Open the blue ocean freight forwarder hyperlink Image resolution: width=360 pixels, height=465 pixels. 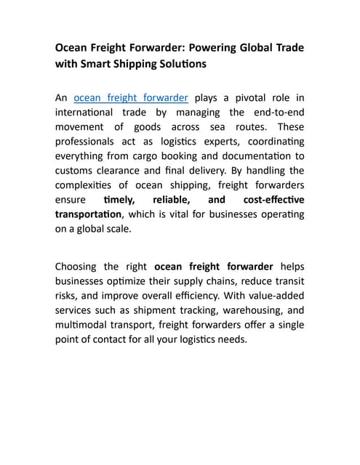click(131, 97)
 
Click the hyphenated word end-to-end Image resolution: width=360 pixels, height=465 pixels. click(277, 112)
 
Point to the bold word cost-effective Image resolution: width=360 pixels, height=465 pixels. click(273, 199)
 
